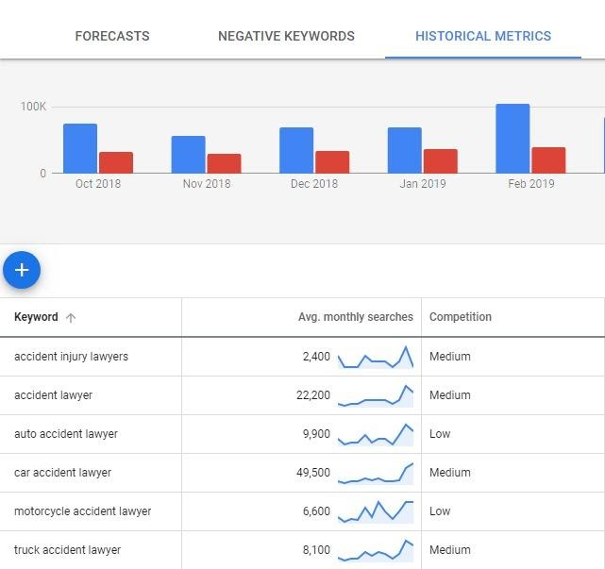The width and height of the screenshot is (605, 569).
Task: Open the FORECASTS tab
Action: click(x=111, y=36)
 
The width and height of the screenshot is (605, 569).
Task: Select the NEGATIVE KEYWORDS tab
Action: click(x=286, y=36)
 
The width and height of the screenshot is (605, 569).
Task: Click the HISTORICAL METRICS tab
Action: click(x=483, y=36)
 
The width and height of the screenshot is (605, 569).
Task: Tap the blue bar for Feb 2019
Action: click(x=513, y=139)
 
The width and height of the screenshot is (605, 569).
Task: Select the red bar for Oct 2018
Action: click(x=116, y=162)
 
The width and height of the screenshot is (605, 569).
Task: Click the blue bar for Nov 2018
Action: click(x=188, y=155)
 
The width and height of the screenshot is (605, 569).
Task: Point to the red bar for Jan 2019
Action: click(x=441, y=160)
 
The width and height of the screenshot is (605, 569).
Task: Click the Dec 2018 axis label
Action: click(x=313, y=184)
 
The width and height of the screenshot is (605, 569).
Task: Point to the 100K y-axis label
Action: click(x=33, y=107)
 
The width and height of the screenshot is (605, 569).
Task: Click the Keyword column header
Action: click(x=36, y=317)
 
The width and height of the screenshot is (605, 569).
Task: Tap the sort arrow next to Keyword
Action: click(x=71, y=318)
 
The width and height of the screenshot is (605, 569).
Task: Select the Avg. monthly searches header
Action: click(x=355, y=317)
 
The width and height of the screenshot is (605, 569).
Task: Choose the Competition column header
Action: click(x=461, y=317)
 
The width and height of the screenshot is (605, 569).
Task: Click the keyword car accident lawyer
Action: click(x=62, y=473)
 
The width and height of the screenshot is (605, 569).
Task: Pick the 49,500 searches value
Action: click(x=313, y=473)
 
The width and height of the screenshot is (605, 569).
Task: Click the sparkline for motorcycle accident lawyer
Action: click(x=376, y=511)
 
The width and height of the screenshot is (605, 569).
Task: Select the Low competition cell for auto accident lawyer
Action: click(x=440, y=434)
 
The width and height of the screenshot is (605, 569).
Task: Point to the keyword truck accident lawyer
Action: click(x=67, y=550)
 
